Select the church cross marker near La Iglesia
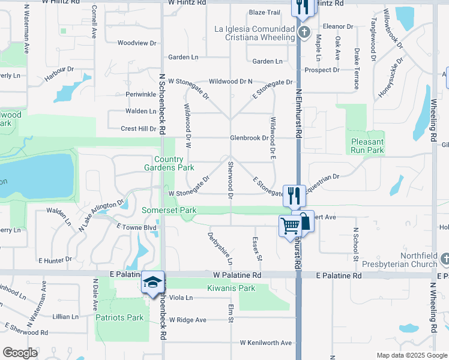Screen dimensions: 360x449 click(x=304, y=32)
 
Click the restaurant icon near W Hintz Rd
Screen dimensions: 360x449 click(x=302, y=7)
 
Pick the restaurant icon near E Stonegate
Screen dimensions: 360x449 click(x=294, y=195)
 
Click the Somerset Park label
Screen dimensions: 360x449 click(x=169, y=211)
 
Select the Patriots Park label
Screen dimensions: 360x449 click(x=119, y=317)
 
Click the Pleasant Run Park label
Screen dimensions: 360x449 click(x=367, y=146)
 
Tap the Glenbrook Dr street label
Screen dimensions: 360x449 click(x=250, y=138)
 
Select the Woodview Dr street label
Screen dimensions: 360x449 click(x=136, y=43)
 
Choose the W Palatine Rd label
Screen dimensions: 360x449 click(x=237, y=275)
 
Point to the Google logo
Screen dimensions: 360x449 click(x=20, y=353)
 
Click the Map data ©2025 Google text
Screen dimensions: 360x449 click(x=411, y=355)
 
